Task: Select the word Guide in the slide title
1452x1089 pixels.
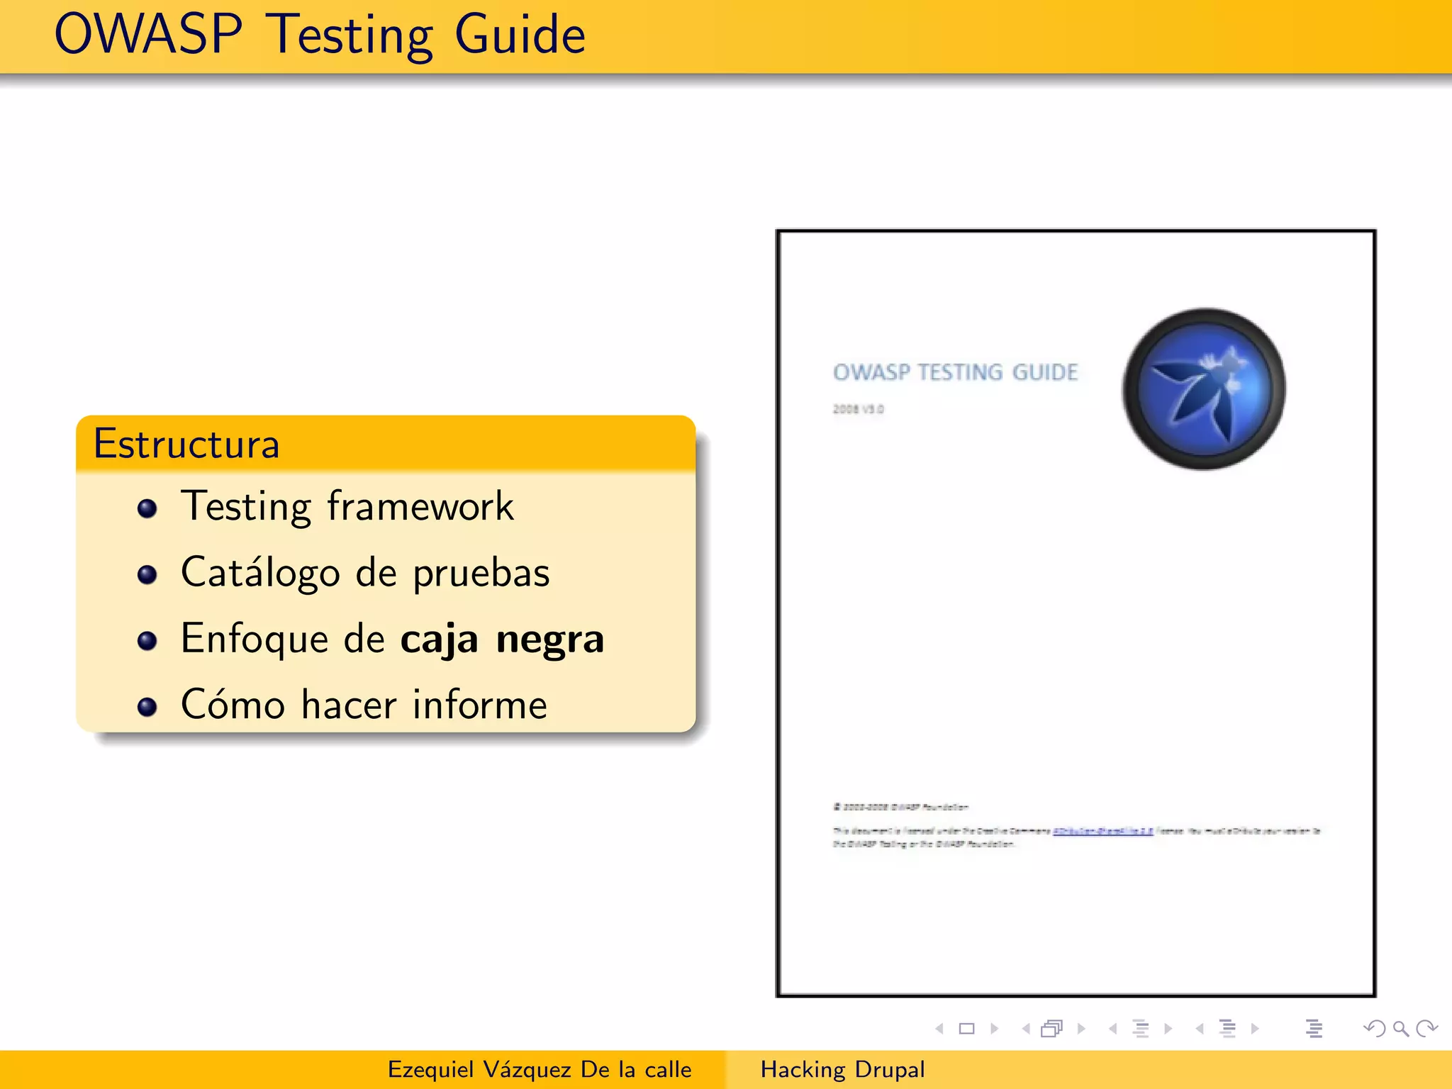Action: coord(520,35)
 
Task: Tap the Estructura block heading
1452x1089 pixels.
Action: coord(186,444)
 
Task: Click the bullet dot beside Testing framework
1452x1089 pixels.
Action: coord(147,508)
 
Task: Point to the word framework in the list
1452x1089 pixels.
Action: coord(420,506)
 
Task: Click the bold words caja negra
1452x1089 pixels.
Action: coord(502,638)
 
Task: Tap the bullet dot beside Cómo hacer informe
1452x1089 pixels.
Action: coord(147,706)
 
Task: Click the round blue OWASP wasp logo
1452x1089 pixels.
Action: coord(1203,389)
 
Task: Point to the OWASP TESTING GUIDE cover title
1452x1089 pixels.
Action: coord(955,372)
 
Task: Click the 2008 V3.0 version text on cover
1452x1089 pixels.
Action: coord(858,409)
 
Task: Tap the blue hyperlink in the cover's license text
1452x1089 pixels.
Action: coord(1102,831)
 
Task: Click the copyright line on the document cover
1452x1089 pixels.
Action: coord(900,807)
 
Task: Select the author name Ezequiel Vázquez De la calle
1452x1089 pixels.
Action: coord(540,1069)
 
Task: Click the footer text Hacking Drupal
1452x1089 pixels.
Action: coord(842,1069)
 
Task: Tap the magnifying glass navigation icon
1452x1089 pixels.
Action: coord(1400,1028)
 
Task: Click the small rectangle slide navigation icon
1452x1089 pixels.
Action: coord(966,1028)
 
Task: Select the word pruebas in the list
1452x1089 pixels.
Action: coord(481,573)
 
